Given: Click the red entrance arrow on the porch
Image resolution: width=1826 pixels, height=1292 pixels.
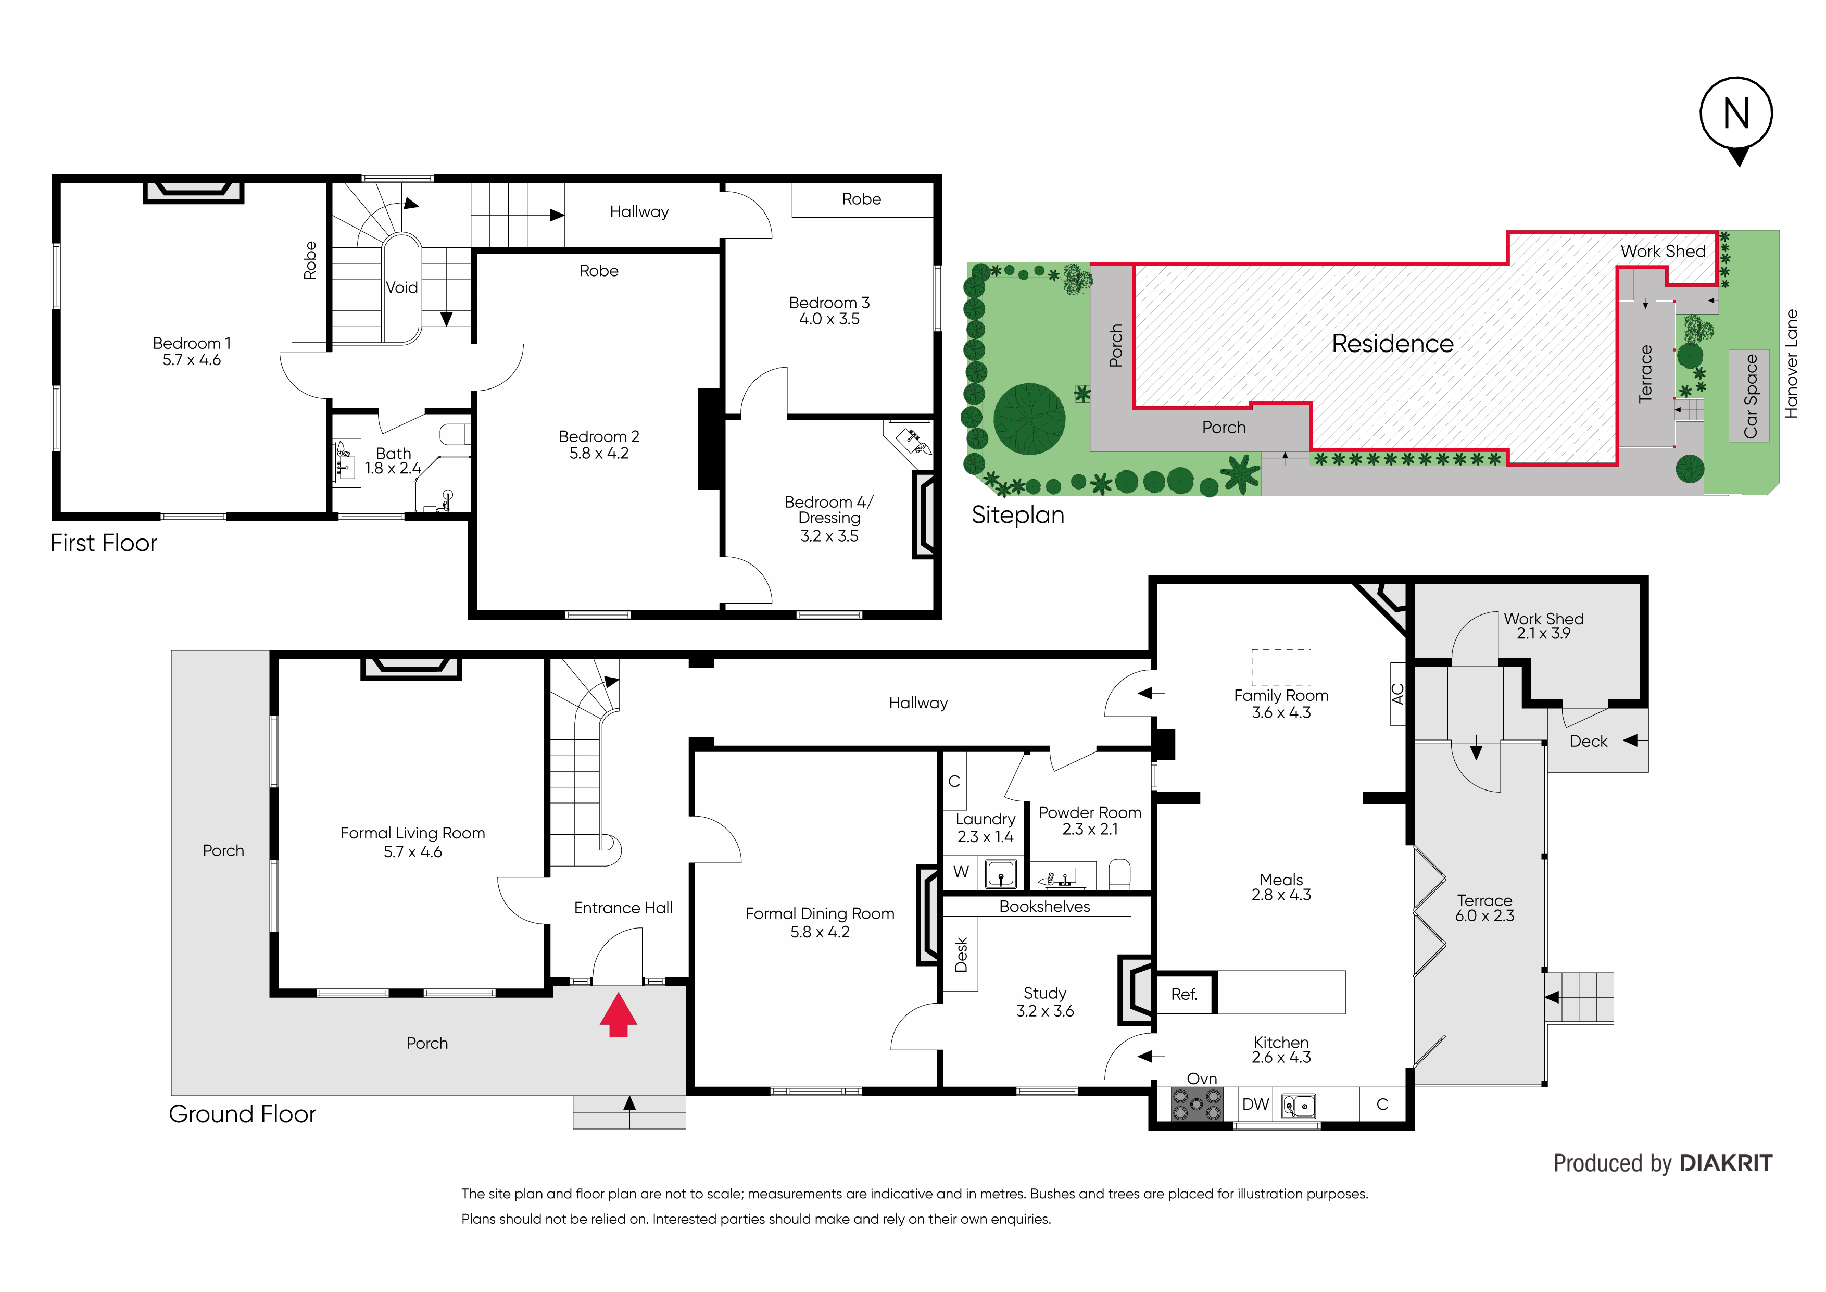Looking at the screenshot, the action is pos(618,1015).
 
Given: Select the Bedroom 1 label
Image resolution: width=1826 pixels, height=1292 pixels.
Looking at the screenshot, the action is pos(192,352).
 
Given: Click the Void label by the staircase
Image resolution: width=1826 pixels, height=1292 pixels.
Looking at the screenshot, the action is pos(401,287).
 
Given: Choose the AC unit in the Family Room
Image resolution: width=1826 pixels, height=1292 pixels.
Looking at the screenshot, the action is pos(1397,694).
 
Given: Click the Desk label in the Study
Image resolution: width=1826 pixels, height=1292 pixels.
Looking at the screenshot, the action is pos(961,954).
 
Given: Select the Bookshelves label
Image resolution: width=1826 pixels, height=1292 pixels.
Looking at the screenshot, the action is pos(1044,906).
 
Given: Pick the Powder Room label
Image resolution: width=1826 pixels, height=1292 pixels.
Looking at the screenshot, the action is pos(1090,820).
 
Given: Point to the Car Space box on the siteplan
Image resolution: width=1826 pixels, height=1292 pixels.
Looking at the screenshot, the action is pos(1749,395).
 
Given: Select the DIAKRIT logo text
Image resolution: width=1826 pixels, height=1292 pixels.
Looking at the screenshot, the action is pos(1726,1163).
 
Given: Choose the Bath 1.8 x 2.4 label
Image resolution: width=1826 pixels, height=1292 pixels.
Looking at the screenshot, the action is pos(393,461).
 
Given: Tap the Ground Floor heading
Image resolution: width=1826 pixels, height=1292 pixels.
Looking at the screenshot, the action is pos(243,1114).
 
